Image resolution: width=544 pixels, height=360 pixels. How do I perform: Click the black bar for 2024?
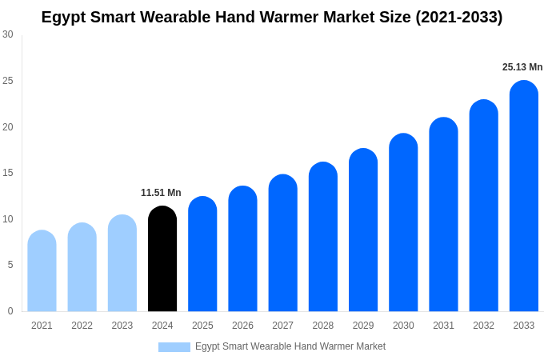(x=162, y=259)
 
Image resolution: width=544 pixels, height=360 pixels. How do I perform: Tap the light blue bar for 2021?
(x=42, y=271)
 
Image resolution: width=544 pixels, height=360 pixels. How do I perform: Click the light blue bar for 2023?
(x=122, y=263)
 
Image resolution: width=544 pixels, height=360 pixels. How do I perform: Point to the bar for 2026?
(x=242, y=249)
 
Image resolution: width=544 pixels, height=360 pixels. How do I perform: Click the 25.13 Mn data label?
(x=522, y=67)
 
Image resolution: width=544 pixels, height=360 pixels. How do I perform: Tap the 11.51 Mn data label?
(x=161, y=193)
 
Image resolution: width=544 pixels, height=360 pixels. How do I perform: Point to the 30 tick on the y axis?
(x=8, y=34)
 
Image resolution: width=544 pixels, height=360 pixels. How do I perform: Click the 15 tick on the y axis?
(x=8, y=173)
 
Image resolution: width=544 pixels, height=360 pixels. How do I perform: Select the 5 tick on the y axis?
(x=10, y=265)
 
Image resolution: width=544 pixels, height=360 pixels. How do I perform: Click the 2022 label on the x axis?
(x=82, y=326)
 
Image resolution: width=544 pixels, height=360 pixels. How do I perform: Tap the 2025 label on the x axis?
(x=202, y=326)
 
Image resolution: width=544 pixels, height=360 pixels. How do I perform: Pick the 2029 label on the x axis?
(x=363, y=326)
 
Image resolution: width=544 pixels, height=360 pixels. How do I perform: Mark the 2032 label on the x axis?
(x=483, y=326)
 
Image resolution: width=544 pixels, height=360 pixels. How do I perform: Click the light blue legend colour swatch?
(x=174, y=347)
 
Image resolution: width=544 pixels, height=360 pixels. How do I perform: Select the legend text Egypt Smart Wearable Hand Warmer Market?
(x=290, y=346)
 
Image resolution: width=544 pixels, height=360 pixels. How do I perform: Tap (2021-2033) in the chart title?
(x=458, y=17)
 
